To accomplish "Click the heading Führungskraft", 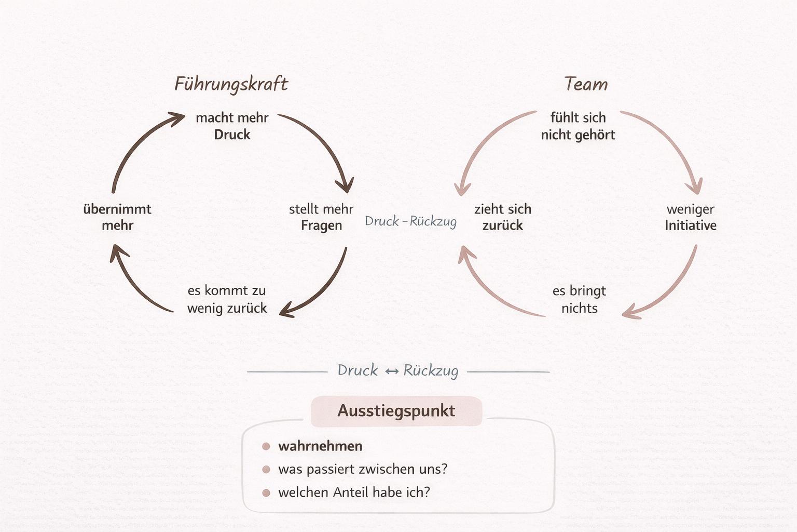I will [x=231, y=84].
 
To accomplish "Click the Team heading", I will [x=585, y=84].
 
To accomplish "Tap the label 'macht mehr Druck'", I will [x=232, y=126].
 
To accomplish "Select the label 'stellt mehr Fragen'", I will [x=321, y=217].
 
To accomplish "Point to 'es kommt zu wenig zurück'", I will [x=227, y=299].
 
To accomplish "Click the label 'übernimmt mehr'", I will [x=117, y=217].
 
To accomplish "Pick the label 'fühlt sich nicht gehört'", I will [x=578, y=126].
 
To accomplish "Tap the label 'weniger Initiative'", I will [x=691, y=217].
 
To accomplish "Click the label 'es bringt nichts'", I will [x=579, y=299].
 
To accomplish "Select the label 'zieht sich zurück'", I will [x=502, y=217].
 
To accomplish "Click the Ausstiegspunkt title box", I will [x=396, y=411].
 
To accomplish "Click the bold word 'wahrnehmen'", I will [x=320, y=446].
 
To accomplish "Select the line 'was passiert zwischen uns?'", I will [x=363, y=469].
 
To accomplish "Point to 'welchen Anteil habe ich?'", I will [x=354, y=493].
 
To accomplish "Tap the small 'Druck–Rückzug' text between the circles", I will [x=410, y=221].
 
